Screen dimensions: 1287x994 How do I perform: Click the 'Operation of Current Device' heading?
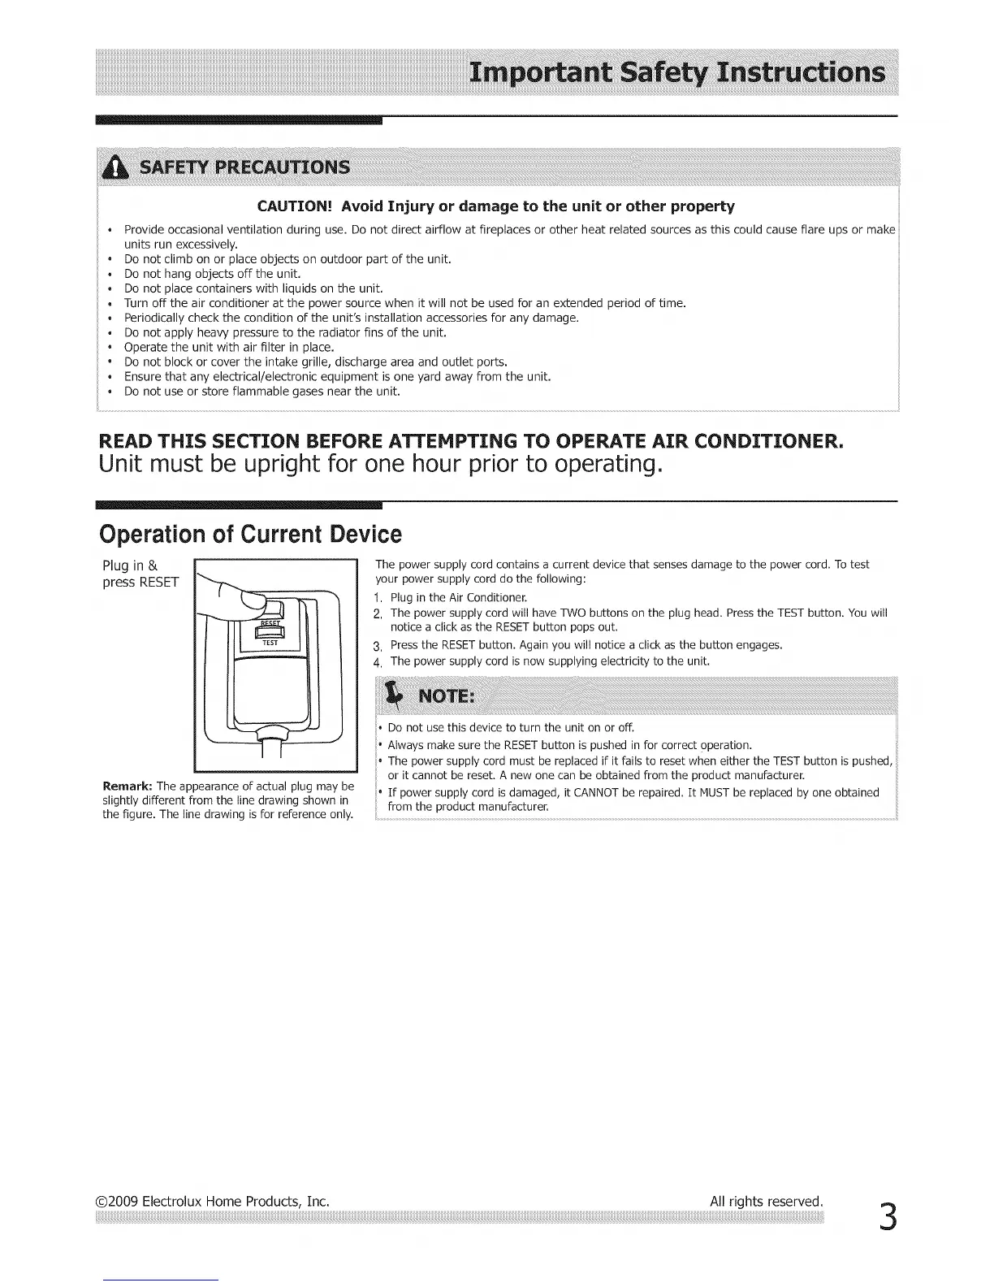pos(250,535)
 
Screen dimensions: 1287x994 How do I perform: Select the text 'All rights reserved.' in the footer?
pos(767,1201)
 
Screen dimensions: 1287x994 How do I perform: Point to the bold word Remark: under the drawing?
pos(127,786)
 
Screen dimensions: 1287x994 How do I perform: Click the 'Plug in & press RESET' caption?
pos(140,574)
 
